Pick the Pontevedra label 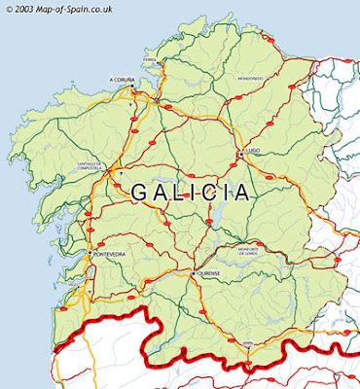(109, 255)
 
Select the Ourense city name (211, 274)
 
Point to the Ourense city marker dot (195, 273)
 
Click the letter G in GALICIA (140, 193)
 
